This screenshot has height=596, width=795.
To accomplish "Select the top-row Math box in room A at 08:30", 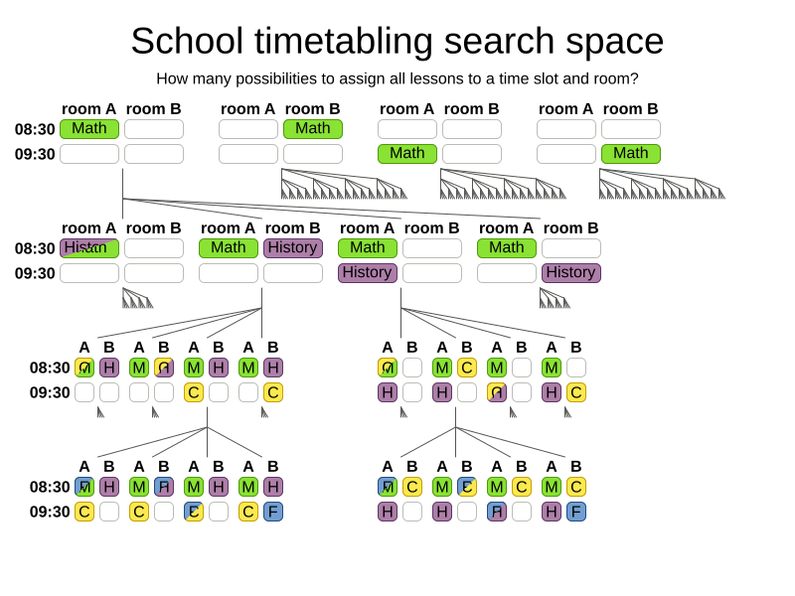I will coord(89,129).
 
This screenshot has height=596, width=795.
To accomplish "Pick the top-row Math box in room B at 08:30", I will coord(313,129).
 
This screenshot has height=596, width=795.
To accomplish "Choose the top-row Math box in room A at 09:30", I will coord(407,154).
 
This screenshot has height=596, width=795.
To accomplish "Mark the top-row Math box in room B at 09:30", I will coord(631,154).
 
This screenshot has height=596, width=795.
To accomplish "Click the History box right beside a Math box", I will coord(293,248).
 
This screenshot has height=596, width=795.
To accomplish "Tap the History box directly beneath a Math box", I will coord(368,273).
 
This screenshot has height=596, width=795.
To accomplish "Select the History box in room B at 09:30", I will coord(571,273).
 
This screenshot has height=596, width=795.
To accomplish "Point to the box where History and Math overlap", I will coord(89,248).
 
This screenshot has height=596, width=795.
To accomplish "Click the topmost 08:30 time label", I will coord(35,129).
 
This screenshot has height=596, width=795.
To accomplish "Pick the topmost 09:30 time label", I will coord(35,154).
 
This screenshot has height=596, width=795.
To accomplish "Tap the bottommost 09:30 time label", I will coord(49,512).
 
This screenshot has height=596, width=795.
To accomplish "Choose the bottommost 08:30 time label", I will coord(49,487).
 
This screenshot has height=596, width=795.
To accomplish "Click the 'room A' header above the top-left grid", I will coord(89,109).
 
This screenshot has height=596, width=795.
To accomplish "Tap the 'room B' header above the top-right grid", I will coord(631,109).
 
